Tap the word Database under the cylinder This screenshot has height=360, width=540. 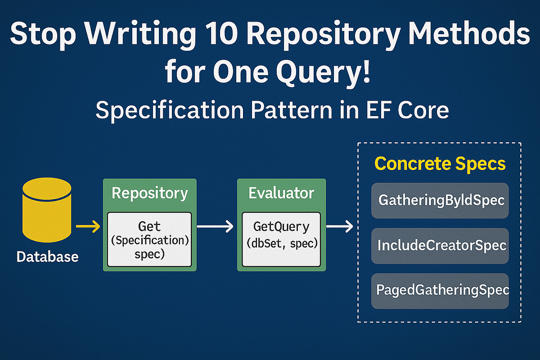pos(47,257)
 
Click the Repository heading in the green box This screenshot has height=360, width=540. pos(150,193)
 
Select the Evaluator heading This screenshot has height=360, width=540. pos(281,193)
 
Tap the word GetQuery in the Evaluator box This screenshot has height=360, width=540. pos(281,226)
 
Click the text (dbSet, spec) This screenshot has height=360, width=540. pos(281,243)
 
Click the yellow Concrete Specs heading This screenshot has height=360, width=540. pos(440,164)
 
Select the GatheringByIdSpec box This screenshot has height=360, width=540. pos(440,200)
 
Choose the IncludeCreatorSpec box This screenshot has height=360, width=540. pos(440,246)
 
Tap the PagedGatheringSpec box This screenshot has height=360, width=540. pos(440,290)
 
